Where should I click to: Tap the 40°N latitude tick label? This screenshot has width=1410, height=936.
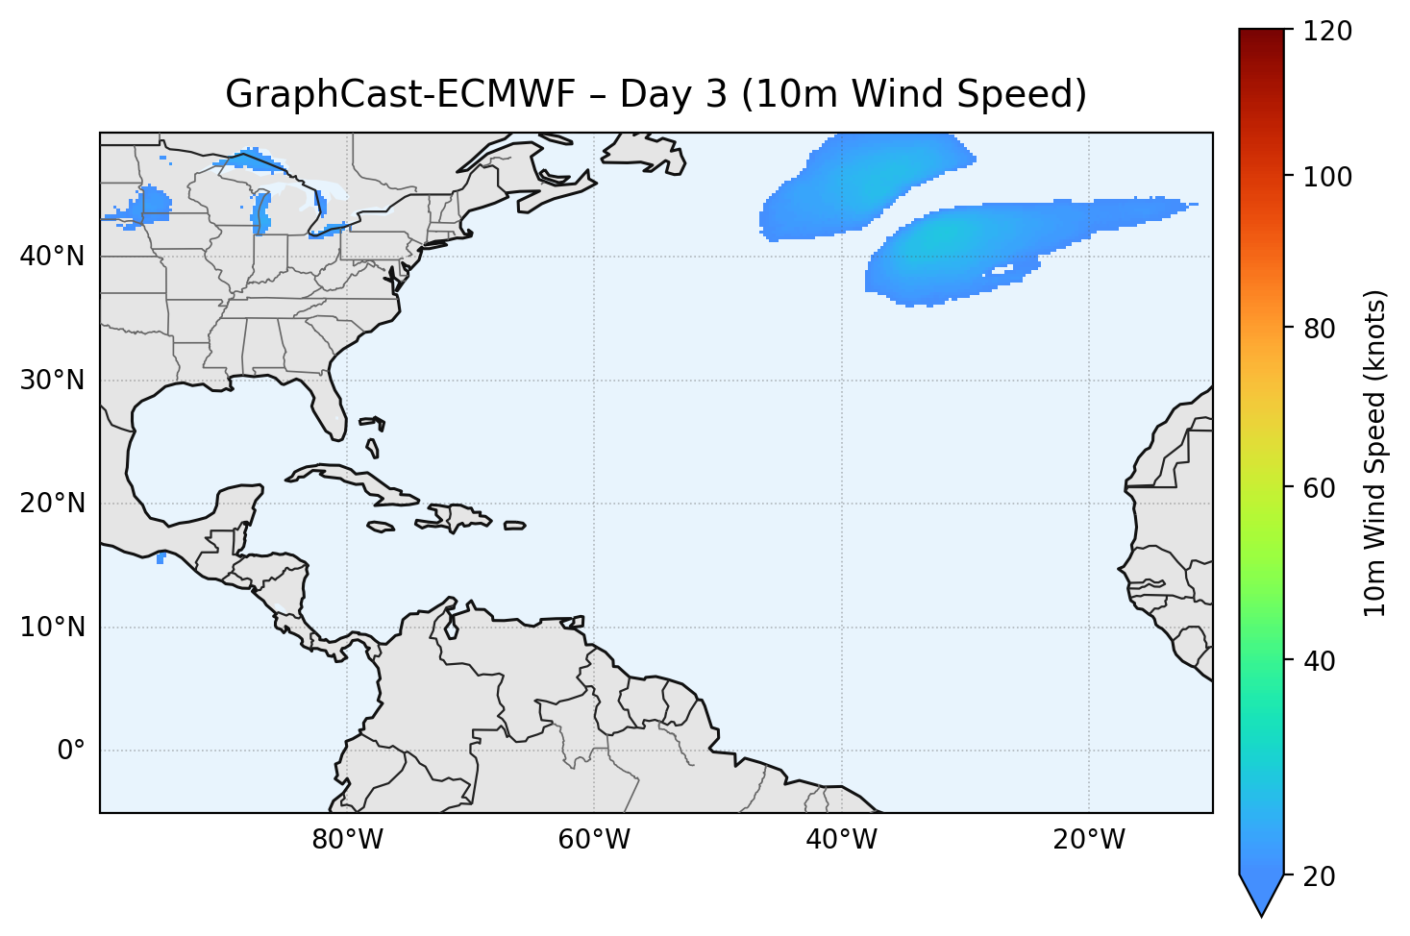52,257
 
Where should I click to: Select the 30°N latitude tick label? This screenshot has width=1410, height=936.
52,381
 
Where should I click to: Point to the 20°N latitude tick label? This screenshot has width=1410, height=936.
52,504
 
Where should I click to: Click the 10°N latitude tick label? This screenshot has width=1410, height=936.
52,628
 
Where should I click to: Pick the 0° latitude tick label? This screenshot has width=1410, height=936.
70,751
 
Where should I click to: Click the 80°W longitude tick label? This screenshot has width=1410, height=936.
347,840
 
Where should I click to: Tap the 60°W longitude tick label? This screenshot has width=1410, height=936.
594,840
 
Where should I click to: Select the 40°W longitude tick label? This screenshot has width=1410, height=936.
841,840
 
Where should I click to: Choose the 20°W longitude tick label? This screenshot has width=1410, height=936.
1088,840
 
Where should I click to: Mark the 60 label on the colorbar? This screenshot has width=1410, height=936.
1324,488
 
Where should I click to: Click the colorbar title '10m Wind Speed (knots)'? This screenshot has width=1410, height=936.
1375,454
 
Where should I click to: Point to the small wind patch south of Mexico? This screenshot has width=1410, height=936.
161,557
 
